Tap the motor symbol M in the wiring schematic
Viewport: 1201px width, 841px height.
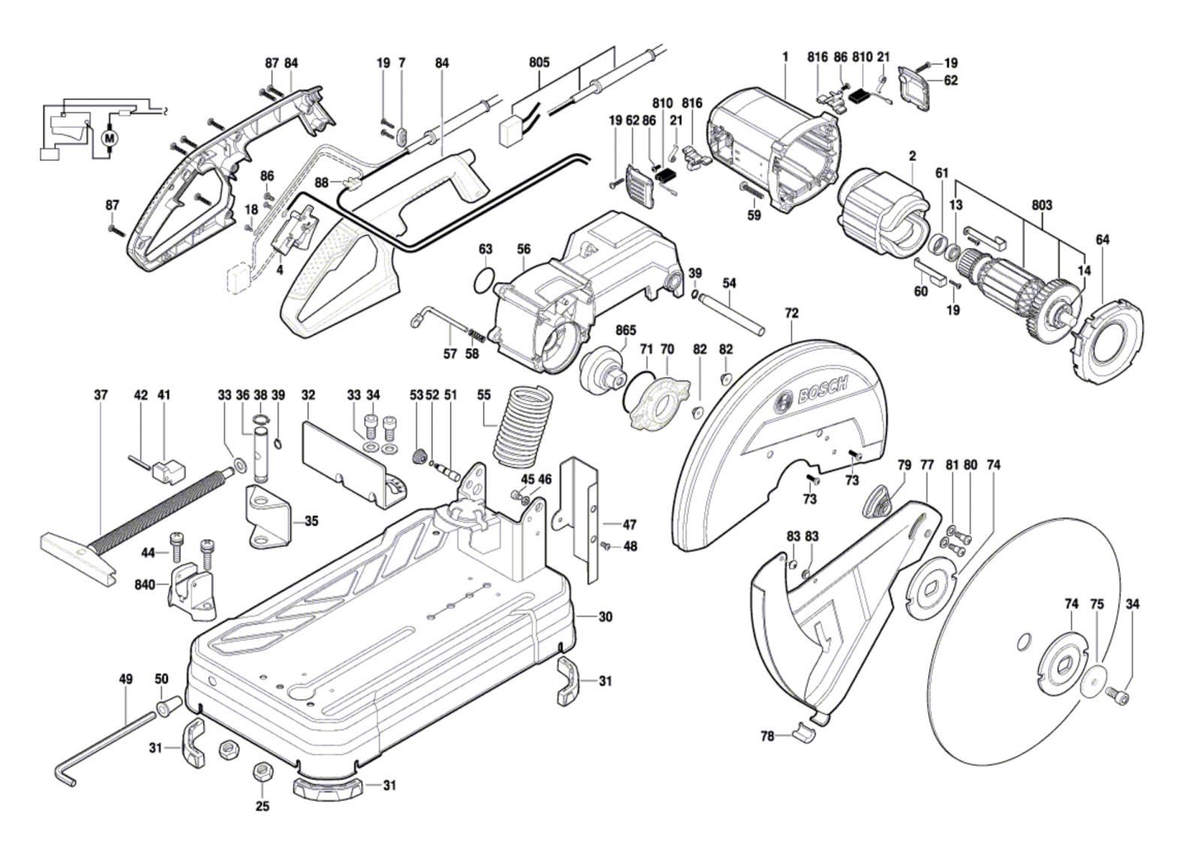coord(110,138)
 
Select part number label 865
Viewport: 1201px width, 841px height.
coord(625,330)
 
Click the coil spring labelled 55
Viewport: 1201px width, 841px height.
coord(524,425)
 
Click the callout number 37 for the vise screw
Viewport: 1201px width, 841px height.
coord(101,395)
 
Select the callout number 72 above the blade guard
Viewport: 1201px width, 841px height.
coord(792,313)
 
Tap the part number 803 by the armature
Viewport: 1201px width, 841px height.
coord(1041,205)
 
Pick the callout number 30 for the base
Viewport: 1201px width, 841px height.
coord(605,617)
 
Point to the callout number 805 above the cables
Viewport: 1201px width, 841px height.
coord(539,62)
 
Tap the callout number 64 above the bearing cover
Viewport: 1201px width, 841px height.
coord(1102,240)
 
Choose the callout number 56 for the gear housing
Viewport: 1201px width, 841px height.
coord(523,249)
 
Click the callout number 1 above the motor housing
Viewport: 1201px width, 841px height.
coord(785,56)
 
